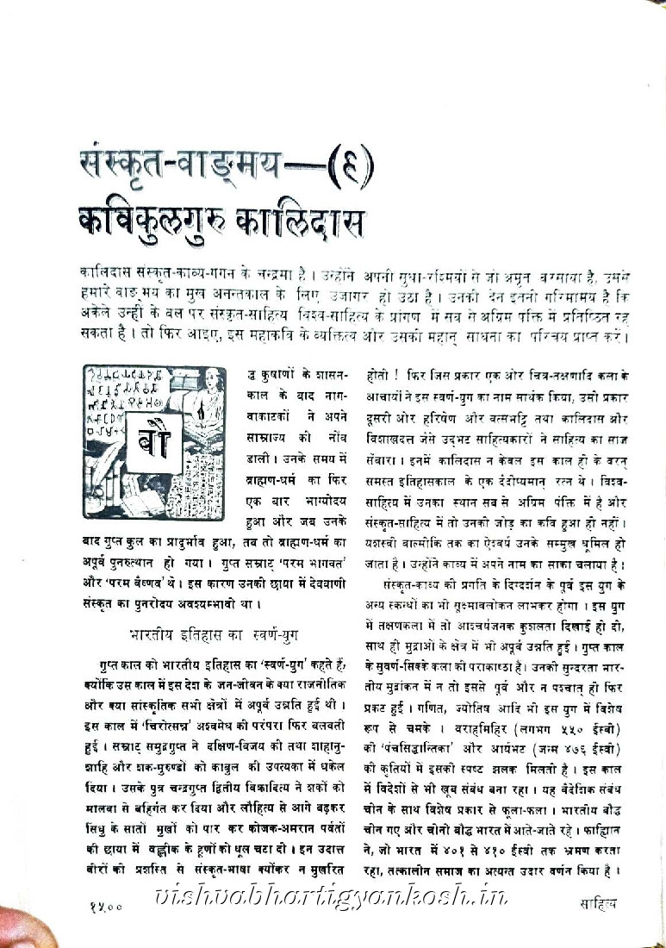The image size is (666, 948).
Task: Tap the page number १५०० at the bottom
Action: [x=107, y=904]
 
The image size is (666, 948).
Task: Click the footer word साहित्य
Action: [x=599, y=903]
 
